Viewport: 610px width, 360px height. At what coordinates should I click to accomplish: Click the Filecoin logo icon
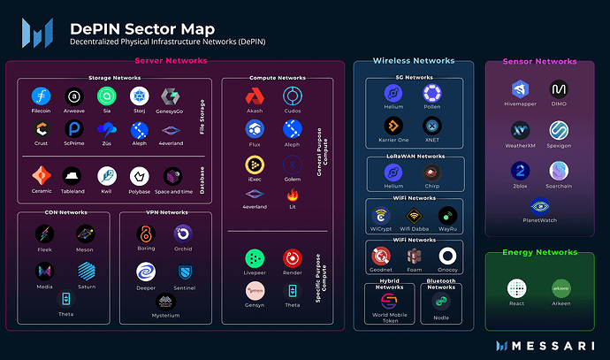41,96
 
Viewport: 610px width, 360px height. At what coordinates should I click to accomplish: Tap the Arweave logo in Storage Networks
73,96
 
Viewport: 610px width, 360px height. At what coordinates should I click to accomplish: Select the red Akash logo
255,96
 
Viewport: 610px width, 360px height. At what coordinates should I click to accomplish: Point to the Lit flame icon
292,192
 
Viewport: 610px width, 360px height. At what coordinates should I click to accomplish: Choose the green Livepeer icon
255,258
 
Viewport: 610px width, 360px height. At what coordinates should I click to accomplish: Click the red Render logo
292,258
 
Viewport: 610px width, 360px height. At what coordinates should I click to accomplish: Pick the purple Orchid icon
183,234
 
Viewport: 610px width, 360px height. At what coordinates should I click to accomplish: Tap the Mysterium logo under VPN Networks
165,302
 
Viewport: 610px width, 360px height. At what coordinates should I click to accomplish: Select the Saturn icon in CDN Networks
86,268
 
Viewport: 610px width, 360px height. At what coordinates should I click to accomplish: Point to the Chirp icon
432,175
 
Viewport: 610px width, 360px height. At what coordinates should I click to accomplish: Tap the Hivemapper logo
521,89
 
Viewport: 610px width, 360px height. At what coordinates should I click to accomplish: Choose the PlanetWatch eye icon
540,206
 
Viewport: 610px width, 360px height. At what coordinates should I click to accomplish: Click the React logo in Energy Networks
517,287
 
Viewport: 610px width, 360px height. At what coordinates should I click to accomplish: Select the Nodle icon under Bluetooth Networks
441,302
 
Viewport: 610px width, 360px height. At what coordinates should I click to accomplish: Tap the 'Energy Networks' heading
539,253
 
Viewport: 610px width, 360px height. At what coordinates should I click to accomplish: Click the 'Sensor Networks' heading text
539,62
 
